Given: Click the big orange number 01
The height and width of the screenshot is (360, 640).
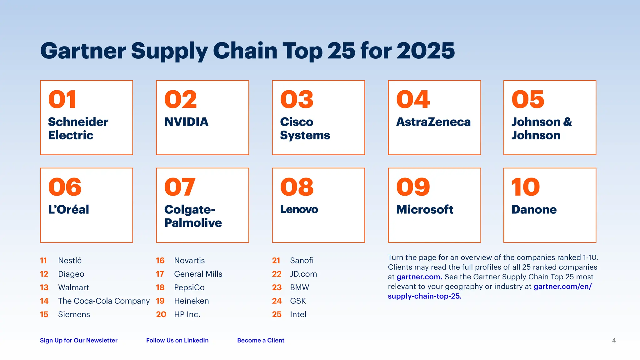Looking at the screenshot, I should coord(62,100).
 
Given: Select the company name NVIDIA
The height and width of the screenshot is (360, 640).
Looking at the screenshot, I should coord(186,122).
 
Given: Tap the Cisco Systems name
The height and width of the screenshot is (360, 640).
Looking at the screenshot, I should coord(305,128).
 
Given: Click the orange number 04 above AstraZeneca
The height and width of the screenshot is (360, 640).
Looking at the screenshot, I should coord(413,100).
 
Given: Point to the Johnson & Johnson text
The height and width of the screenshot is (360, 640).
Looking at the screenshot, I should coord(542,128).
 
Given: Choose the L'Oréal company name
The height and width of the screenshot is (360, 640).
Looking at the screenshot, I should coord(68,209).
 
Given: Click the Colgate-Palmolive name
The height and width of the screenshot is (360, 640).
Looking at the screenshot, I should coord(193,216).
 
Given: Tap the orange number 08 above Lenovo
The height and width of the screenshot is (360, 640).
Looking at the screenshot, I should coord(297,187).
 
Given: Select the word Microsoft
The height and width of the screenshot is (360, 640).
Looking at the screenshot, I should coord(424,209).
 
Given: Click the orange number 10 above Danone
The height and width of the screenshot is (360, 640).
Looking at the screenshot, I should coord(525,187).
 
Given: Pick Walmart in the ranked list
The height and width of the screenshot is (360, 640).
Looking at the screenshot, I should coord(73,287).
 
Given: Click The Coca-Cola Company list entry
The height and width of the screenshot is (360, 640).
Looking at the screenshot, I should coord(104,301).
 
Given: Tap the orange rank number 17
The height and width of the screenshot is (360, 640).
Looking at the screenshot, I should coord(160,274).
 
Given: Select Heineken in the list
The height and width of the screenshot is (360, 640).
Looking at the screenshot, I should coord(191,301).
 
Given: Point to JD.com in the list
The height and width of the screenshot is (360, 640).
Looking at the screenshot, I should coord(303,274).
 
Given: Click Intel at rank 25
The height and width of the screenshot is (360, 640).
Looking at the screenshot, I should coord(298,314).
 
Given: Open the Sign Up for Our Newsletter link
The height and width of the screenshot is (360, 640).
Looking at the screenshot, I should coord(78,340).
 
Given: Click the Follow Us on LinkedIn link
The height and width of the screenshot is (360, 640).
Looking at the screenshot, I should coord(177,340).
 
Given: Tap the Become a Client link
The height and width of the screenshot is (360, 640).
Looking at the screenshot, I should coord(261,340).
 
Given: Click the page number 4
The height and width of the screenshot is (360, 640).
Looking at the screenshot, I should coord(614,340).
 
